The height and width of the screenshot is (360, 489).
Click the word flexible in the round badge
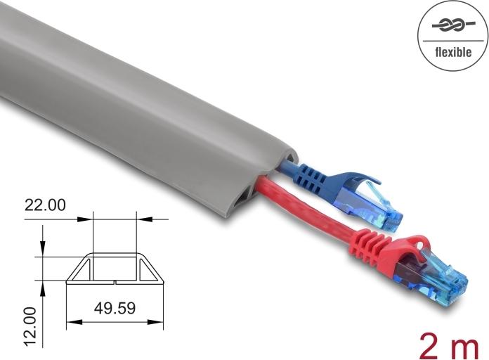click(x=452, y=51)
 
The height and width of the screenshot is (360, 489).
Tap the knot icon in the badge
click(x=452, y=25)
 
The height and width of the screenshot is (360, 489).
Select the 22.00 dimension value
click(x=45, y=205)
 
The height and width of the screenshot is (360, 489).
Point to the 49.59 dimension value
click(x=115, y=307)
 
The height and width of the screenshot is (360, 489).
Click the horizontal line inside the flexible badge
click(x=452, y=39)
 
